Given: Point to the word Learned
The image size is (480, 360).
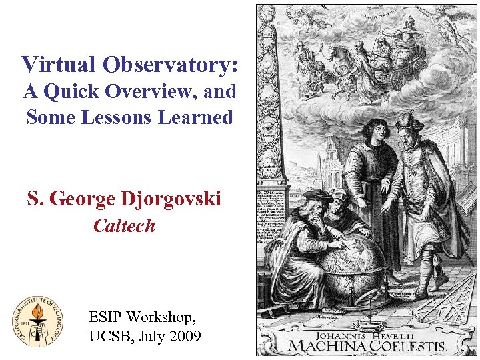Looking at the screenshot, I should (195, 117).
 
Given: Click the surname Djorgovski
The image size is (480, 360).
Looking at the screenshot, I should (171, 199).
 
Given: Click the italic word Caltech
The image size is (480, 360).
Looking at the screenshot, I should (124, 226).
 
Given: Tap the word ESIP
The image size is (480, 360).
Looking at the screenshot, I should (107, 317).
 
